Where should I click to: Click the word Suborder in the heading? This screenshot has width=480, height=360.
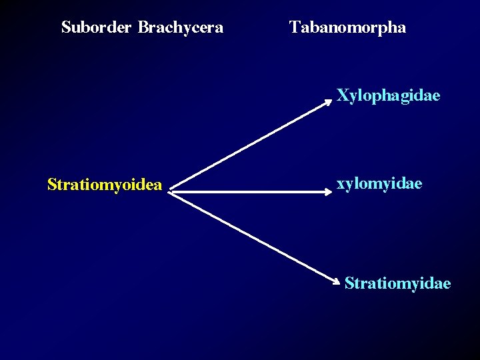click(97, 28)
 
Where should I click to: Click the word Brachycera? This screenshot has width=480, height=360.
click(181, 28)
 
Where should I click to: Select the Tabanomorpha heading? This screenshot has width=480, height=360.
click(347, 28)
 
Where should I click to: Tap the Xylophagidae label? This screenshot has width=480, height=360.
click(388, 96)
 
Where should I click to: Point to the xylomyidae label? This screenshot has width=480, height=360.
click(379, 183)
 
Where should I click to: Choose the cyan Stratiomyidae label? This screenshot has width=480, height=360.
click(397, 284)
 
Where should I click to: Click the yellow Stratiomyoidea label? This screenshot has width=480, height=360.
click(105, 185)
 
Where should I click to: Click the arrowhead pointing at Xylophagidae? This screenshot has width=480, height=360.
click(329, 101)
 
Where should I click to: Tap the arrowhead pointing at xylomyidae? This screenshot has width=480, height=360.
click(328, 191)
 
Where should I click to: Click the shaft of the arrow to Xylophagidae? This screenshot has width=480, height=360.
click(250, 146)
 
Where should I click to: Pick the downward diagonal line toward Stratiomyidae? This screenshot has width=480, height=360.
click(253, 238)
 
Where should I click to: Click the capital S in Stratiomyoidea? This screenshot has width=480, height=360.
click(52, 184)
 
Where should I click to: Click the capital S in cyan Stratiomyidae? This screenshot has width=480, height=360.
click(349, 284)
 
